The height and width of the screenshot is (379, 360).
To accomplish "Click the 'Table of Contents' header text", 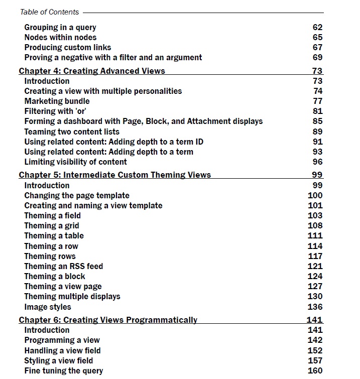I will (x=49, y=12).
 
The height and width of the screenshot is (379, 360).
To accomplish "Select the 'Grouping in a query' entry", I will (x=60, y=27).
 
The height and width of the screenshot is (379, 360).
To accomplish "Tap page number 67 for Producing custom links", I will (x=317, y=47).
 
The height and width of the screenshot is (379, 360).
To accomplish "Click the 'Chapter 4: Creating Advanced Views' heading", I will (x=92, y=71).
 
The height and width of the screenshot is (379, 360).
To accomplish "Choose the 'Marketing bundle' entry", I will (x=57, y=101).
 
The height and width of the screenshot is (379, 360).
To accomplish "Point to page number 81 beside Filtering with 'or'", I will (x=317, y=111).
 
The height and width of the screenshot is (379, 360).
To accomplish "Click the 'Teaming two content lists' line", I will (x=72, y=132).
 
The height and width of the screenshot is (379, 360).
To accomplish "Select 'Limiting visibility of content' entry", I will (x=75, y=162).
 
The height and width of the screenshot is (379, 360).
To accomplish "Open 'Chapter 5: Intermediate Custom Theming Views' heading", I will (x=115, y=175).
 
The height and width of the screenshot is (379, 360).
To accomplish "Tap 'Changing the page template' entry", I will (x=77, y=195).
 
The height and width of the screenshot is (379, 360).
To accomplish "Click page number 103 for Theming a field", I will (x=315, y=215).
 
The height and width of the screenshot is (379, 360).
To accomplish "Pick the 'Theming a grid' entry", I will (x=52, y=225).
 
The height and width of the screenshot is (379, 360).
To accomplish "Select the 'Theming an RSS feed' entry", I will (x=63, y=266).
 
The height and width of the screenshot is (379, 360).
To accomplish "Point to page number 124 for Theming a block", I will (x=315, y=276).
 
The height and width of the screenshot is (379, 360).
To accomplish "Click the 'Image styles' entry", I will (x=48, y=307).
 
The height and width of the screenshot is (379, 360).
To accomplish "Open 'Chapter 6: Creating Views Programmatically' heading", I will (x=108, y=320).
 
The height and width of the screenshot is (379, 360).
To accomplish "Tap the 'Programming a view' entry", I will (x=62, y=340).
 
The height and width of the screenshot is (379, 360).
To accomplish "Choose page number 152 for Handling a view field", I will (x=315, y=350).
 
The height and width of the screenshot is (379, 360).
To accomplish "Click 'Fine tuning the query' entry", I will (x=64, y=370).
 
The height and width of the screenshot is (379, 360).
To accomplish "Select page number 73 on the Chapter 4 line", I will (x=317, y=71).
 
